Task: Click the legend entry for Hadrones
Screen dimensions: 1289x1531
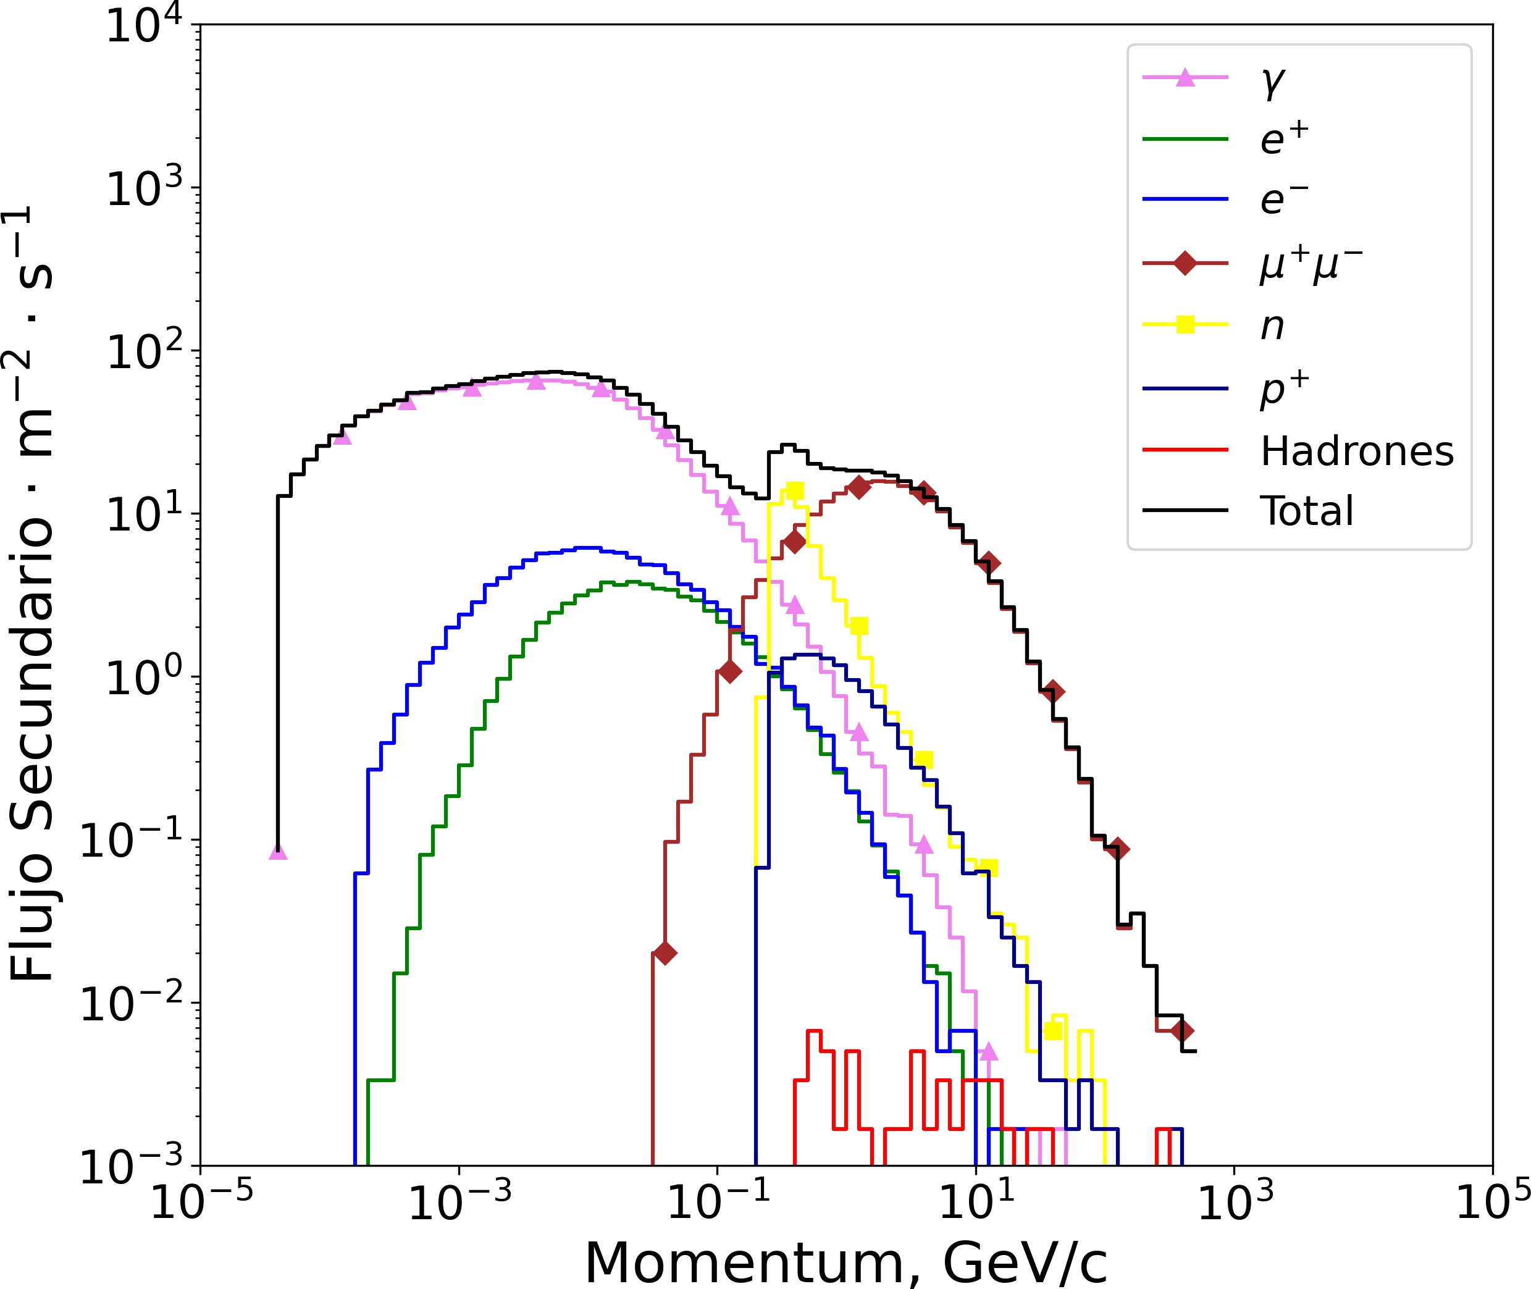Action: tap(1356, 451)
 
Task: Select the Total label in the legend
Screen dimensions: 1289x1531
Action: tap(1307, 511)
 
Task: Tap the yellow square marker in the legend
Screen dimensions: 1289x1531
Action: tap(1185, 324)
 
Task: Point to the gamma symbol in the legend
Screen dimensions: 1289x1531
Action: tap(1273, 82)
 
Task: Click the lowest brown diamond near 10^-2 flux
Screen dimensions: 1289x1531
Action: tap(665, 953)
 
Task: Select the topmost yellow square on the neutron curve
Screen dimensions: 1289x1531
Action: tap(794, 490)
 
